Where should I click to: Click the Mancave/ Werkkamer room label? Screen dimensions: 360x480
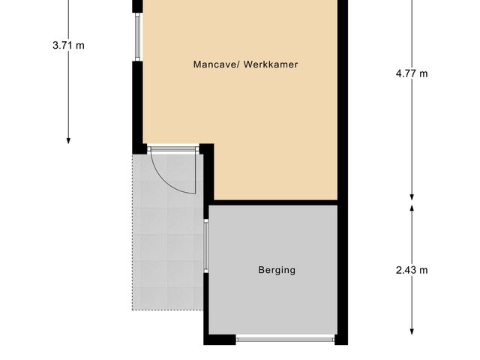[x=245, y=64]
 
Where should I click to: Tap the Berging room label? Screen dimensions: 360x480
[x=277, y=270]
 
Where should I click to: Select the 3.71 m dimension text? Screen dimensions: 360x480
[x=68, y=45]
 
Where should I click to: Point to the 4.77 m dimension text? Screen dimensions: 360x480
[x=412, y=73]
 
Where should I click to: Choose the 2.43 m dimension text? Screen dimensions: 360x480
[x=412, y=270]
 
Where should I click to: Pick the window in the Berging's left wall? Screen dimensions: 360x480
[x=206, y=247]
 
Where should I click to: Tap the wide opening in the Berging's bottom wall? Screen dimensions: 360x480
[x=285, y=339]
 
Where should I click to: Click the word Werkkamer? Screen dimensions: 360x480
[x=273, y=64]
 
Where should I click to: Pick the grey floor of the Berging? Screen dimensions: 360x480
[x=274, y=300]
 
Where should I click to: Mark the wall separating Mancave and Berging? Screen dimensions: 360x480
[x=274, y=202]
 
